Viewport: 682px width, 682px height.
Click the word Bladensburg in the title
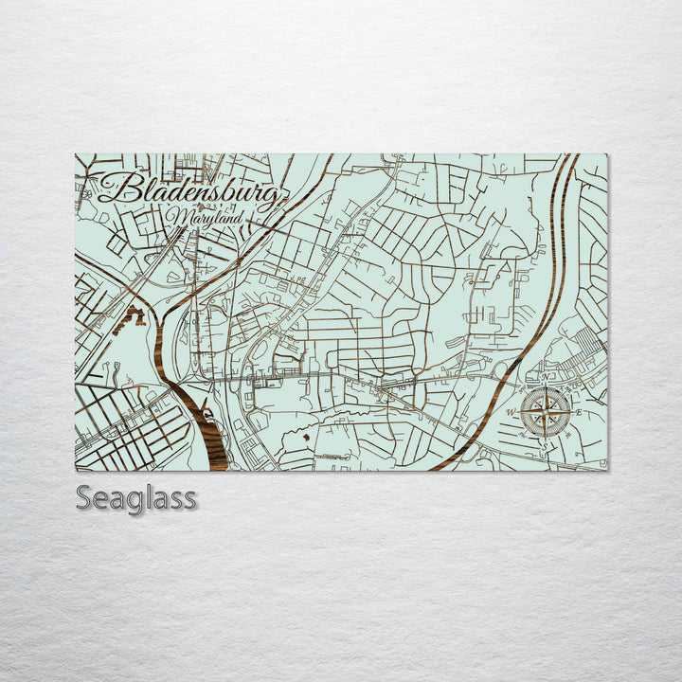pos(189,191)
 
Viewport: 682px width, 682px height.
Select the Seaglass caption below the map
pos(136,497)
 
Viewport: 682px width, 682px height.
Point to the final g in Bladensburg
pos(271,198)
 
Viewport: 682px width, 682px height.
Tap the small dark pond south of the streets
pos(306,437)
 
